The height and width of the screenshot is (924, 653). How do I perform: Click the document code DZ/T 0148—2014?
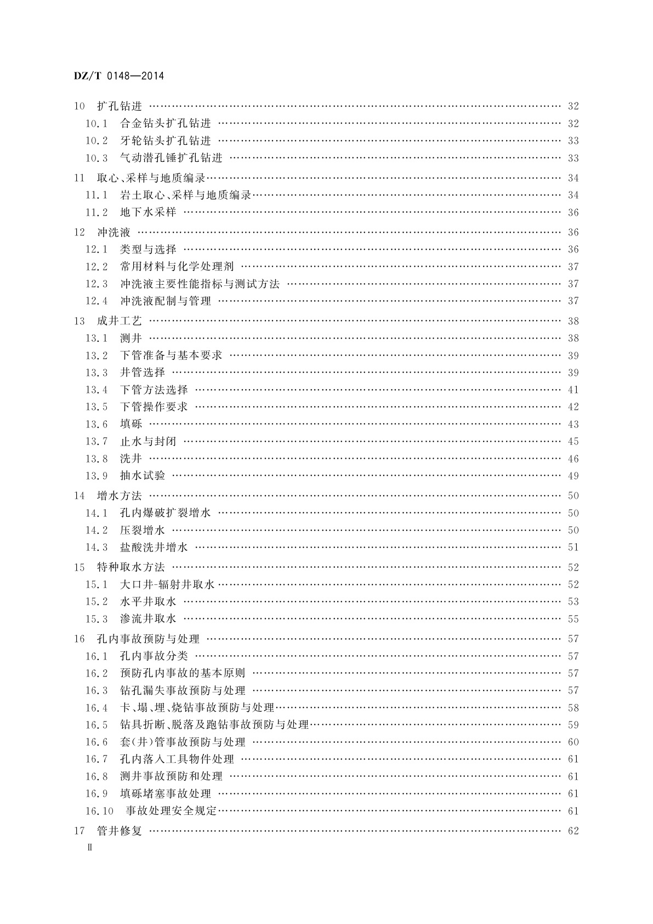[x=118, y=76]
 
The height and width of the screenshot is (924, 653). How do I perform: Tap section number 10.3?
[x=96, y=158]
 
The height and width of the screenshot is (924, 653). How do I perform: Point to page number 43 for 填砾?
[x=573, y=424]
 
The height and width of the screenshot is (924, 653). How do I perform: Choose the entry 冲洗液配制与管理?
[x=165, y=301]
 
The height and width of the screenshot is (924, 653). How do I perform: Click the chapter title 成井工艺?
[x=119, y=321]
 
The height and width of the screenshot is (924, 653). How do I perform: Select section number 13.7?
[x=96, y=441]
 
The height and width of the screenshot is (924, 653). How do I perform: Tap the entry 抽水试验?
[x=142, y=476]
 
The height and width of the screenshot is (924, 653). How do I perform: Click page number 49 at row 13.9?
[x=573, y=476]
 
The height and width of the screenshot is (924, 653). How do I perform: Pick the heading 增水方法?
[x=119, y=496]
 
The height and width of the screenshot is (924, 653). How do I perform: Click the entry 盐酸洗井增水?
[x=154, y=547]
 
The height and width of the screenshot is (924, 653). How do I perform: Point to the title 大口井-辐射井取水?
[x=167, y=584]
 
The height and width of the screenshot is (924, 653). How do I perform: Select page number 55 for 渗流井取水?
[x=573, y=619]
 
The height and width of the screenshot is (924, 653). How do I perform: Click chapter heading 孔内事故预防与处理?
[x=148, y=639]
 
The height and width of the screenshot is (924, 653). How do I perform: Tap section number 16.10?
[x=99, y=810]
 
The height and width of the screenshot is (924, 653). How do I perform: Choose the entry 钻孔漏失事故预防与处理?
[x=183, y=690]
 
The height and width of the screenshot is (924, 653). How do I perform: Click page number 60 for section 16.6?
[x=573, y=742]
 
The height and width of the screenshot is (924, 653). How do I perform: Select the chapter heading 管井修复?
[x=119, y=831]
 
